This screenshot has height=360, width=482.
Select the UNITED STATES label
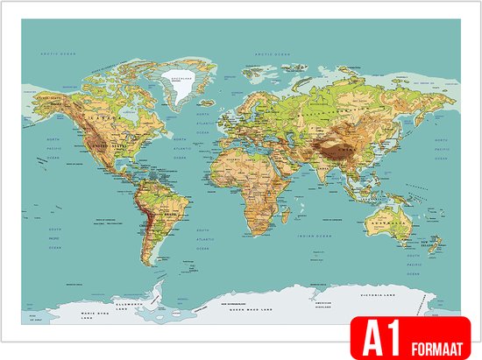click(110, 144)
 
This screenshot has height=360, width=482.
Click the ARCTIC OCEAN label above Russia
click(271, 55)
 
